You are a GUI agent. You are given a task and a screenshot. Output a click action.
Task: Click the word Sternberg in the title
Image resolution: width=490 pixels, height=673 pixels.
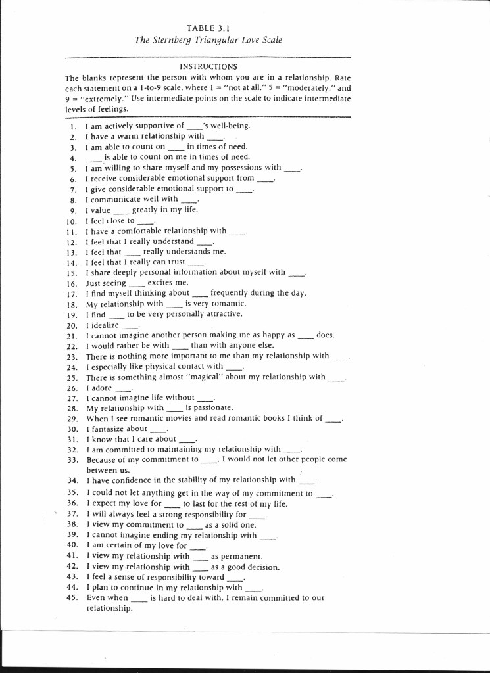click(x=180, y=40)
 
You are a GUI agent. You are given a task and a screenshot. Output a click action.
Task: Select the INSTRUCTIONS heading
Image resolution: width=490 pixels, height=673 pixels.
click(x=208, y=66)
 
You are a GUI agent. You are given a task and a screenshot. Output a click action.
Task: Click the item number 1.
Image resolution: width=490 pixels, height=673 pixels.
click(x=73, y=126)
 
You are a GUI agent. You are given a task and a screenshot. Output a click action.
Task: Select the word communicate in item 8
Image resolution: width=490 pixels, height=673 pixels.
click(x=117, y=199)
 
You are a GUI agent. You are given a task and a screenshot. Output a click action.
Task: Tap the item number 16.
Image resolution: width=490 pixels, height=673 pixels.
click(x=72, y=283)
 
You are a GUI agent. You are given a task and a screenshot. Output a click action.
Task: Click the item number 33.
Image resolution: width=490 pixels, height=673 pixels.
click(x=72, y=460)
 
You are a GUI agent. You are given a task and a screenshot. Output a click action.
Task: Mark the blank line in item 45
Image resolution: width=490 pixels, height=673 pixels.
click(x=139, y=598)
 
